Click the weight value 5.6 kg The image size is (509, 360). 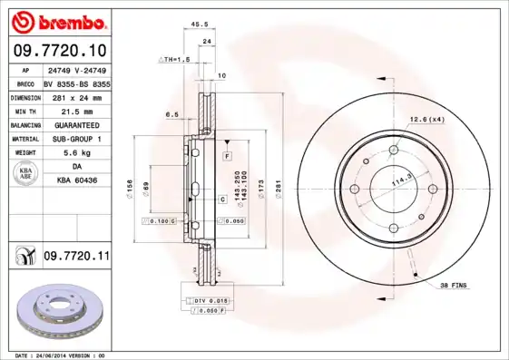coord(75,153)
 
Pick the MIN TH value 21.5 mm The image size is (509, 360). coord(75,111)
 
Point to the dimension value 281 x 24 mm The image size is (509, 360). coord(75,96)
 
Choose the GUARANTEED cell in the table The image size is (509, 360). coord(75,124)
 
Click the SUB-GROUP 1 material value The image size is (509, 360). coord(75,139)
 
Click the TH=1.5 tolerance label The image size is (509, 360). coord(174,59)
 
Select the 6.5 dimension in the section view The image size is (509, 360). coord(171,114)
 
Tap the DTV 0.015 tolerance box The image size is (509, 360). coord(208,300)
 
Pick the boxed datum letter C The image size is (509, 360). coord(220,198)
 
